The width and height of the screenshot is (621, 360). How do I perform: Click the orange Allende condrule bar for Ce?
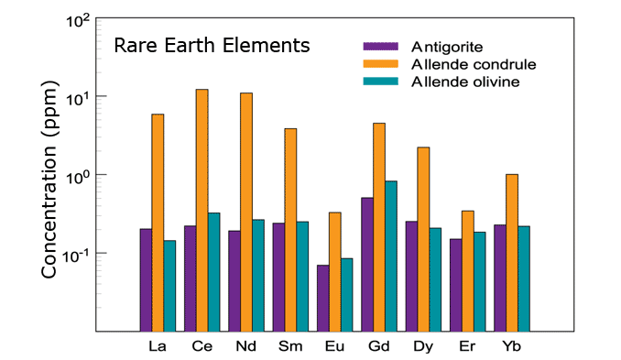tap(202, 210)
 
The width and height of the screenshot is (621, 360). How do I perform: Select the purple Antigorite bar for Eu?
tap(322, 298)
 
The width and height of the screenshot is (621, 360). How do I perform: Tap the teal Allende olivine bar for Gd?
tap(391, 256)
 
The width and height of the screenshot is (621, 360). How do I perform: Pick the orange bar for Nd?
tap(246, 212)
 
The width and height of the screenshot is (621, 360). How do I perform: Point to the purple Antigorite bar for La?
tap(146, 279)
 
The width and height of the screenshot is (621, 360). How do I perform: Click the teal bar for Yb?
tap(524, 278)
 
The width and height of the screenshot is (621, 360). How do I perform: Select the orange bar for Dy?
tap(423, 238)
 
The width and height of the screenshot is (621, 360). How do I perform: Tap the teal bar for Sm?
tap(302, 276)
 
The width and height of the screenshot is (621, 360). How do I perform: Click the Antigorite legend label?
tap(447, 47)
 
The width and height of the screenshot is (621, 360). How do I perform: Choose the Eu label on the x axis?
tap(334, 347)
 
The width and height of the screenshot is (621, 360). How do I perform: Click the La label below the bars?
tap(157, 347)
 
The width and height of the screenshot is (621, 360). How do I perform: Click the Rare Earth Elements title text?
tap(212, 46)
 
